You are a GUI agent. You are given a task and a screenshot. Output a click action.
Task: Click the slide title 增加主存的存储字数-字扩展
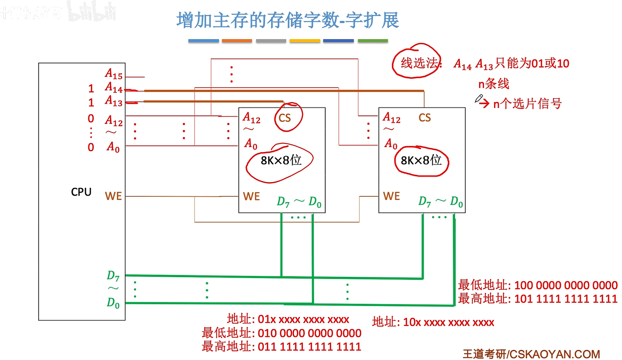click(x=287, y=21)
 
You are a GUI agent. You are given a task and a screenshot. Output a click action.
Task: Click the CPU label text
click(x=81, y=192)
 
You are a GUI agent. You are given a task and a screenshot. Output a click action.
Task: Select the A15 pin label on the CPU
click(x=113, y=74)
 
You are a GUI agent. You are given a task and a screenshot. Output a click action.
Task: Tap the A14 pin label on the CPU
click(x=113, y=88)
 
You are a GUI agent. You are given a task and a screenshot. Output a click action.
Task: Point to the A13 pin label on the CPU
click(x=113, y=101)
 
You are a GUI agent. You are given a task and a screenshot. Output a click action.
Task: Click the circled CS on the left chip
click(x=285, y=118)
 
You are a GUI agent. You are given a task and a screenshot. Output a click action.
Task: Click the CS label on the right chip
click(x=425, y=118)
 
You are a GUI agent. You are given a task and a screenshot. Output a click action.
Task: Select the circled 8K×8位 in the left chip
click(x=281, y=161)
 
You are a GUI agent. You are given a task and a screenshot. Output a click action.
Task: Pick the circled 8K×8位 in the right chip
click(x=421, y=161)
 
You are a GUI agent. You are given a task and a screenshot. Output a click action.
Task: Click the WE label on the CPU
click(x=113, y=196)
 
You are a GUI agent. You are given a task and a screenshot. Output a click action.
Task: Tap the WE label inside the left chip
click(x=251, y=197)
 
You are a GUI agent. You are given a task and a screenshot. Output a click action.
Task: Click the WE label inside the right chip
click(x=392, y=196)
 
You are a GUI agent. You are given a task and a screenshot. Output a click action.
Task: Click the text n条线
click(x=494, y=84)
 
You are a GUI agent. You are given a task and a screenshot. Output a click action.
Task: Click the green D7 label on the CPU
click(x=113, y=276)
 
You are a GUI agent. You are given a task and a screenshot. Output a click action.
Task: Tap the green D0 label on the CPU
click(x=113, y=303)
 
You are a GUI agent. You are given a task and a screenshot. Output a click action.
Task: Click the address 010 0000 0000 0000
click(x=309, y=333)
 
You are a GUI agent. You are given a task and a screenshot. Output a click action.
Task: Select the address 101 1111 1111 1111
click(x=565, y=299)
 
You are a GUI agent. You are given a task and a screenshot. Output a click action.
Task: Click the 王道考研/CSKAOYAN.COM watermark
click(x=531, y=354)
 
